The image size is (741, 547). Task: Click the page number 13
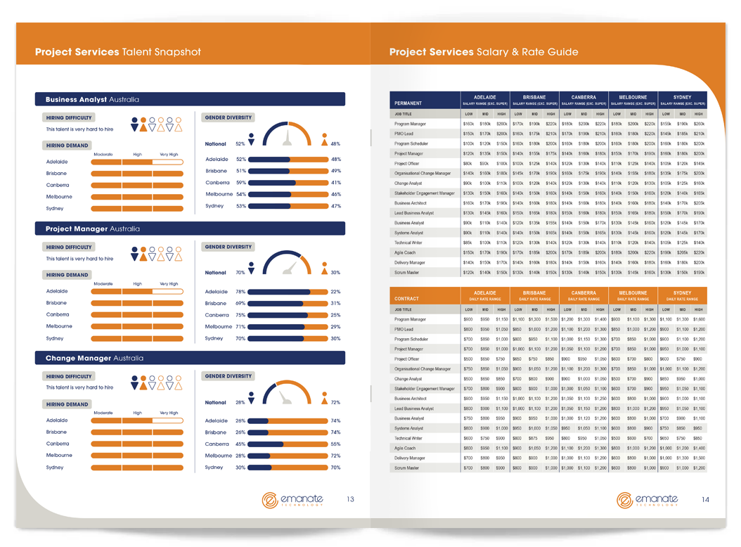click(x=350, y=499)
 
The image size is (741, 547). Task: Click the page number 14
click(x=704, y=499)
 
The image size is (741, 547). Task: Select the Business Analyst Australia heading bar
click(x=190, y=100)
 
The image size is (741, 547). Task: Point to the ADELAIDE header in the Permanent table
click(x=485, y=97)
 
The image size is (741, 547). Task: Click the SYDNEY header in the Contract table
click(x=682, y=292)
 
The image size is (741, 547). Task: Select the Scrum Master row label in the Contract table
click(x=406, y=468)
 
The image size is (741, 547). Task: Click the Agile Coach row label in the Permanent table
click(x=405, y=252)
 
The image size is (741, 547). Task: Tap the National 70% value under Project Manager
click(x=240, y=273)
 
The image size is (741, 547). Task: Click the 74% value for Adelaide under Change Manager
click(x=335, y=421)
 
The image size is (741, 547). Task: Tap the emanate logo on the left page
click(x=292, y=499)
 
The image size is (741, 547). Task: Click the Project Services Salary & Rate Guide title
click(x=484, y=52)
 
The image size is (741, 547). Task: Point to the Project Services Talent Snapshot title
click(x=118, y=52)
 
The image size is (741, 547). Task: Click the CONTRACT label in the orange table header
click(x=407, y=299)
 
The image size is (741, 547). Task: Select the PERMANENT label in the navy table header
click(x=408, y=103)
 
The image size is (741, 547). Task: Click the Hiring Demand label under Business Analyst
click(x=67, y=146)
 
